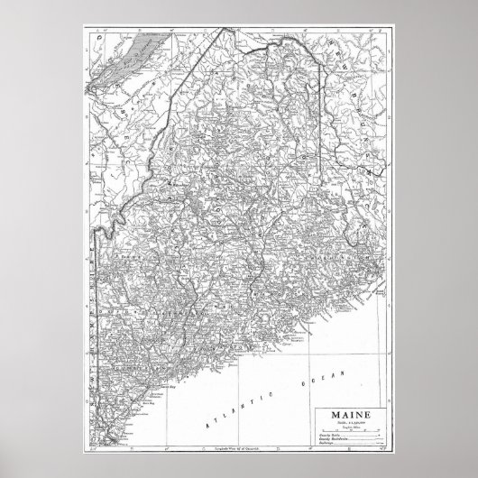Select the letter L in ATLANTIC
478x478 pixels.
click(x=224, y=411)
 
